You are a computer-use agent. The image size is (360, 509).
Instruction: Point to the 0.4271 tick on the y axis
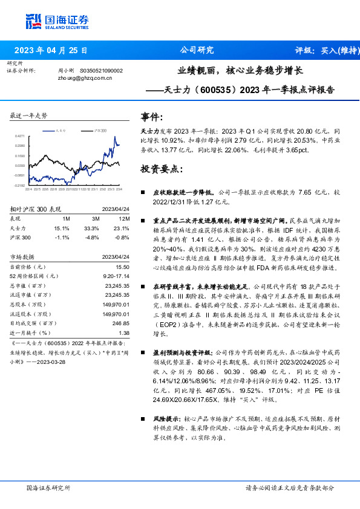(x=20, y=136)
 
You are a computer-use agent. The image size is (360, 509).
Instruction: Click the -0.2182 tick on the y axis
(x=20, y=185)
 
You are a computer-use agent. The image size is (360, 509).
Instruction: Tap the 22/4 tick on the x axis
(x=28, y=189)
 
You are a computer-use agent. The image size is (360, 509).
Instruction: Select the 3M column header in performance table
(x=96, y=218)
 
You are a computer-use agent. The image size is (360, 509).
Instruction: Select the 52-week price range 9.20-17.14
(x=117, y=275)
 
